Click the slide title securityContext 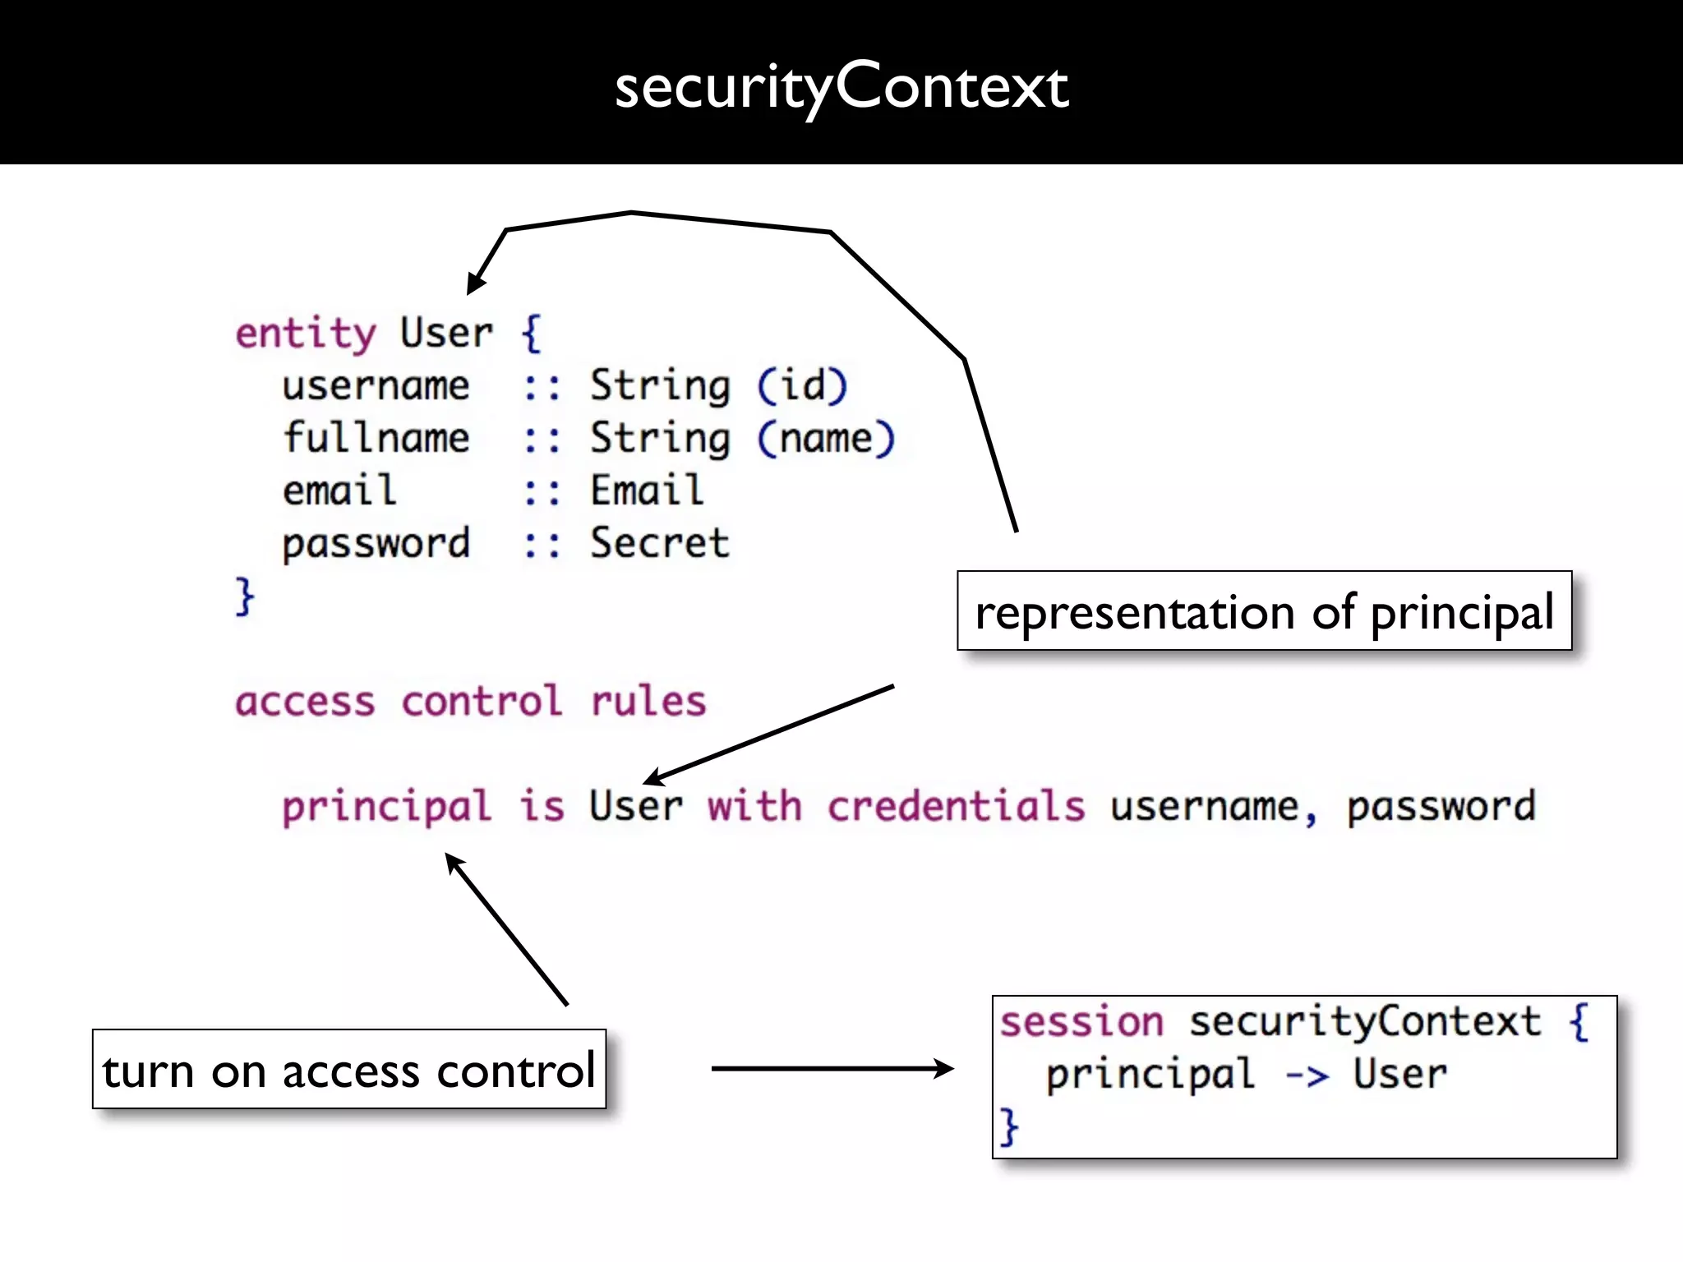coord(841,87)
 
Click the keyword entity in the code coord(305,334)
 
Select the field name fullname coord(376,438)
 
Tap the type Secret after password coord(659,543)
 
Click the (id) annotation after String coord(801,385)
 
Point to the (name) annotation coord(825,438)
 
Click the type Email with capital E coord(647,491)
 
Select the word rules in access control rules coord(648,702)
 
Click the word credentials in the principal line coord(956,806)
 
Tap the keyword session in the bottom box coord(1081,1022)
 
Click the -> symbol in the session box coord(1307,1075)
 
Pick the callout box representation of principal coord(1264,611)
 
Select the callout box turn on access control coord(348,1070)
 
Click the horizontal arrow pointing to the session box coord(830,1068)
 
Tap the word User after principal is coord(635,806)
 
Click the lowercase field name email coord(339,491)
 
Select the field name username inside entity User coord(376,386)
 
